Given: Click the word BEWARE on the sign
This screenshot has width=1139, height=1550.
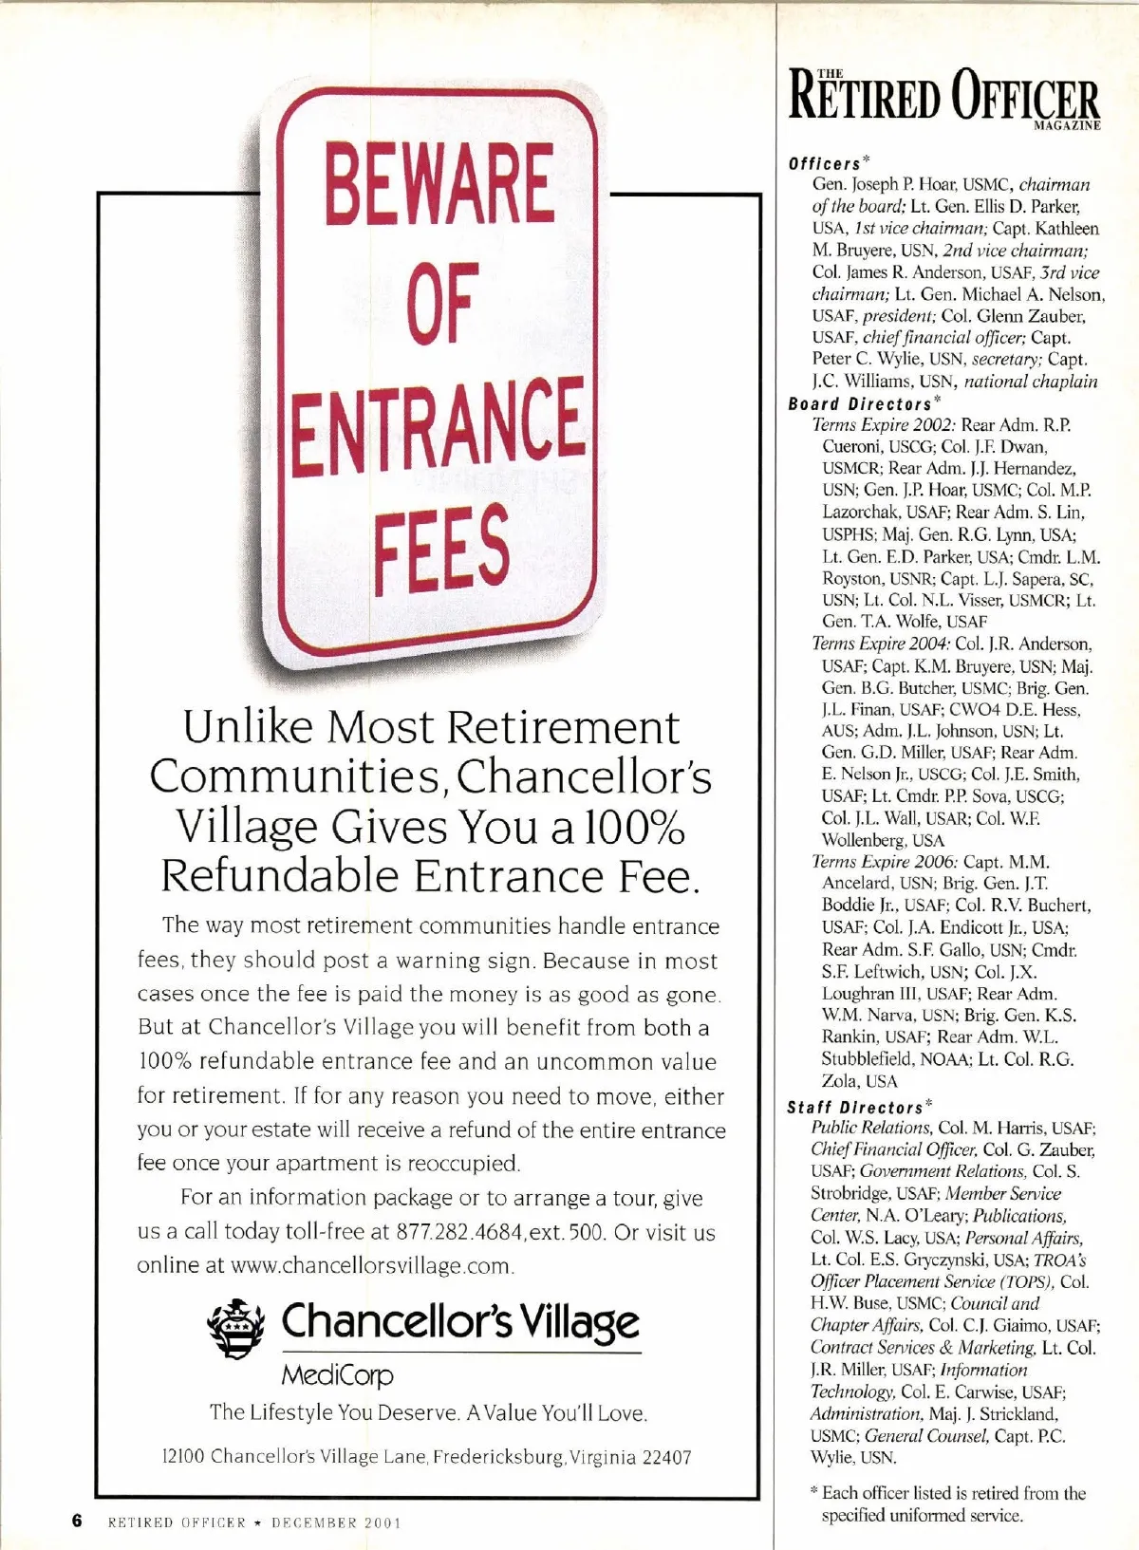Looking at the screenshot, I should pyautogui.click(x=440, y=182).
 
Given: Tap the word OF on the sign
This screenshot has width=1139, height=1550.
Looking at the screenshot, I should pyautogui.click(x=440, y=302).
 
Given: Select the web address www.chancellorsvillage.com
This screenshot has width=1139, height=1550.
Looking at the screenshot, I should pyautogui.click(x=372, y=1266).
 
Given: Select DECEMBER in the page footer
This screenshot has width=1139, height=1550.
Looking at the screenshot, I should pyautogui.click(x=314, y=1522).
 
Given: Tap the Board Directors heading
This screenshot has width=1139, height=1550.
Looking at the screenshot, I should pyautogui.click(x=859, y=404).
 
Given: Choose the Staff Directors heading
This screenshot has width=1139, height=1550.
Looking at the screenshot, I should pyautogui.click(x=854, y=1107).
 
